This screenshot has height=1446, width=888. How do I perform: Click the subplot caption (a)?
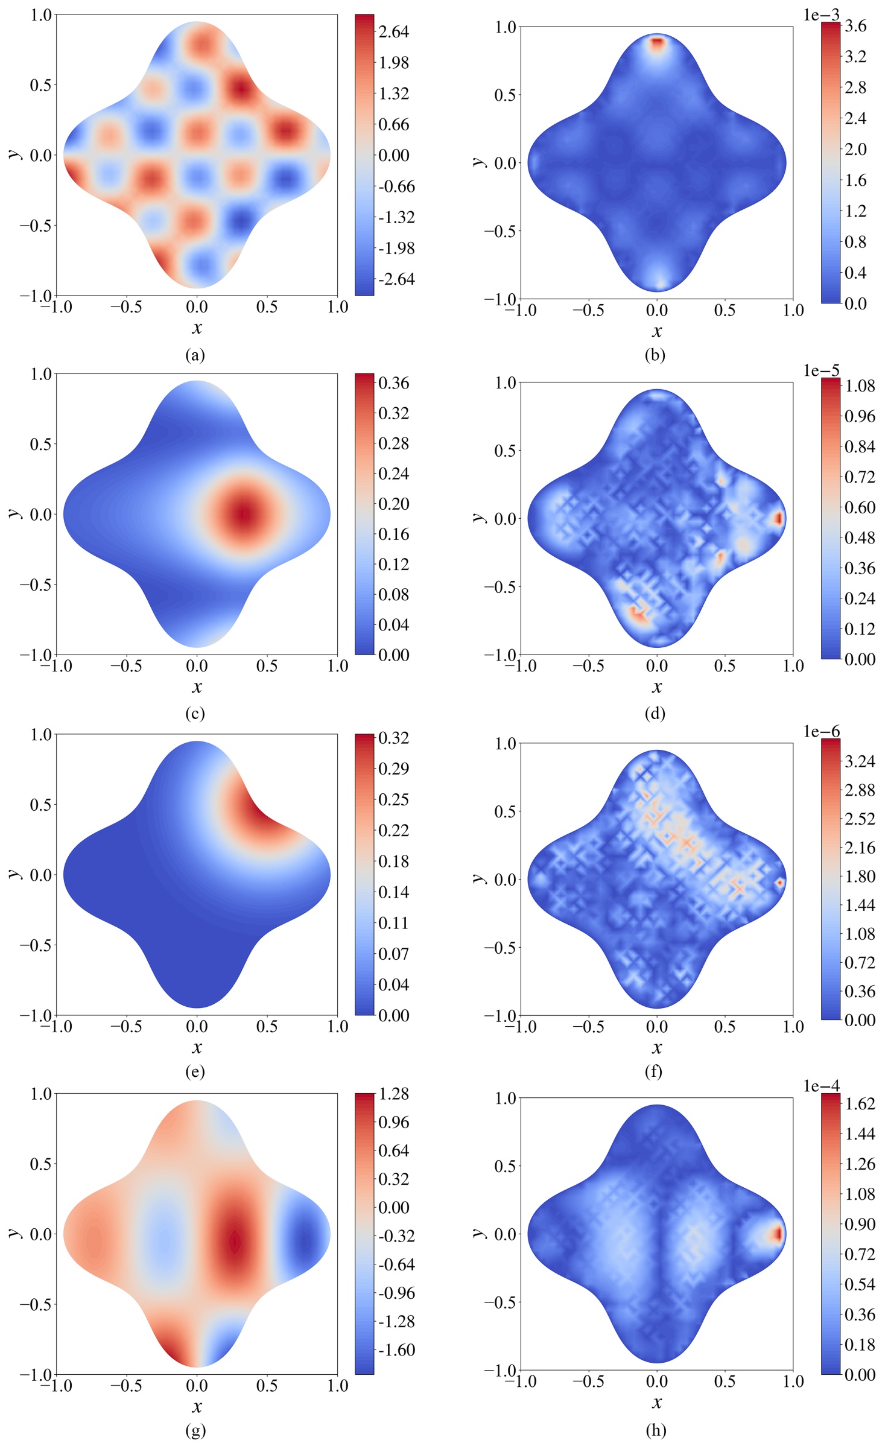click(195, 355)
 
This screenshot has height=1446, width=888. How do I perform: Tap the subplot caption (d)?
click(655, 713)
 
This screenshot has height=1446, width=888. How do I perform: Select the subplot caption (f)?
click(655, 1071)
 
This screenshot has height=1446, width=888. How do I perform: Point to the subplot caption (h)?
click(655, 1430)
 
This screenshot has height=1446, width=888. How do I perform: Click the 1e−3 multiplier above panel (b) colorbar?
click(821, 15)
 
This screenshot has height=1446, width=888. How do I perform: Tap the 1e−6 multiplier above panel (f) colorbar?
click(821, 731)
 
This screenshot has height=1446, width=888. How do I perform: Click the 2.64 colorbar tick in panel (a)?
click(393, 31)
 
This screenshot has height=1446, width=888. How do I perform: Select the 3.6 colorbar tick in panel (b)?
click(855, 26)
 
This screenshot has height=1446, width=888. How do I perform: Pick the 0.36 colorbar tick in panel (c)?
click(393, 382)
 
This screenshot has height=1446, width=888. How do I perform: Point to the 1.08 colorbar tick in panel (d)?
click(860, 385)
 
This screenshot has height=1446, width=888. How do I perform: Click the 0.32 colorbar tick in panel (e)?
click(393, 738)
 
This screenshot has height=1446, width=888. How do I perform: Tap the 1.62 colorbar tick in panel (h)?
click(860, 1103)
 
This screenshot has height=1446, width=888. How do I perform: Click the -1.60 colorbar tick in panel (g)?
click(396, 1349)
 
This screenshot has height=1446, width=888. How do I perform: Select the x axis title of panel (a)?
click(197, 328)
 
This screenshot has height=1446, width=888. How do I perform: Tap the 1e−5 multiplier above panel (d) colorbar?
click(821, 370)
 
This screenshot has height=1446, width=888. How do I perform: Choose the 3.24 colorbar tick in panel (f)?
click(860, 761)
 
